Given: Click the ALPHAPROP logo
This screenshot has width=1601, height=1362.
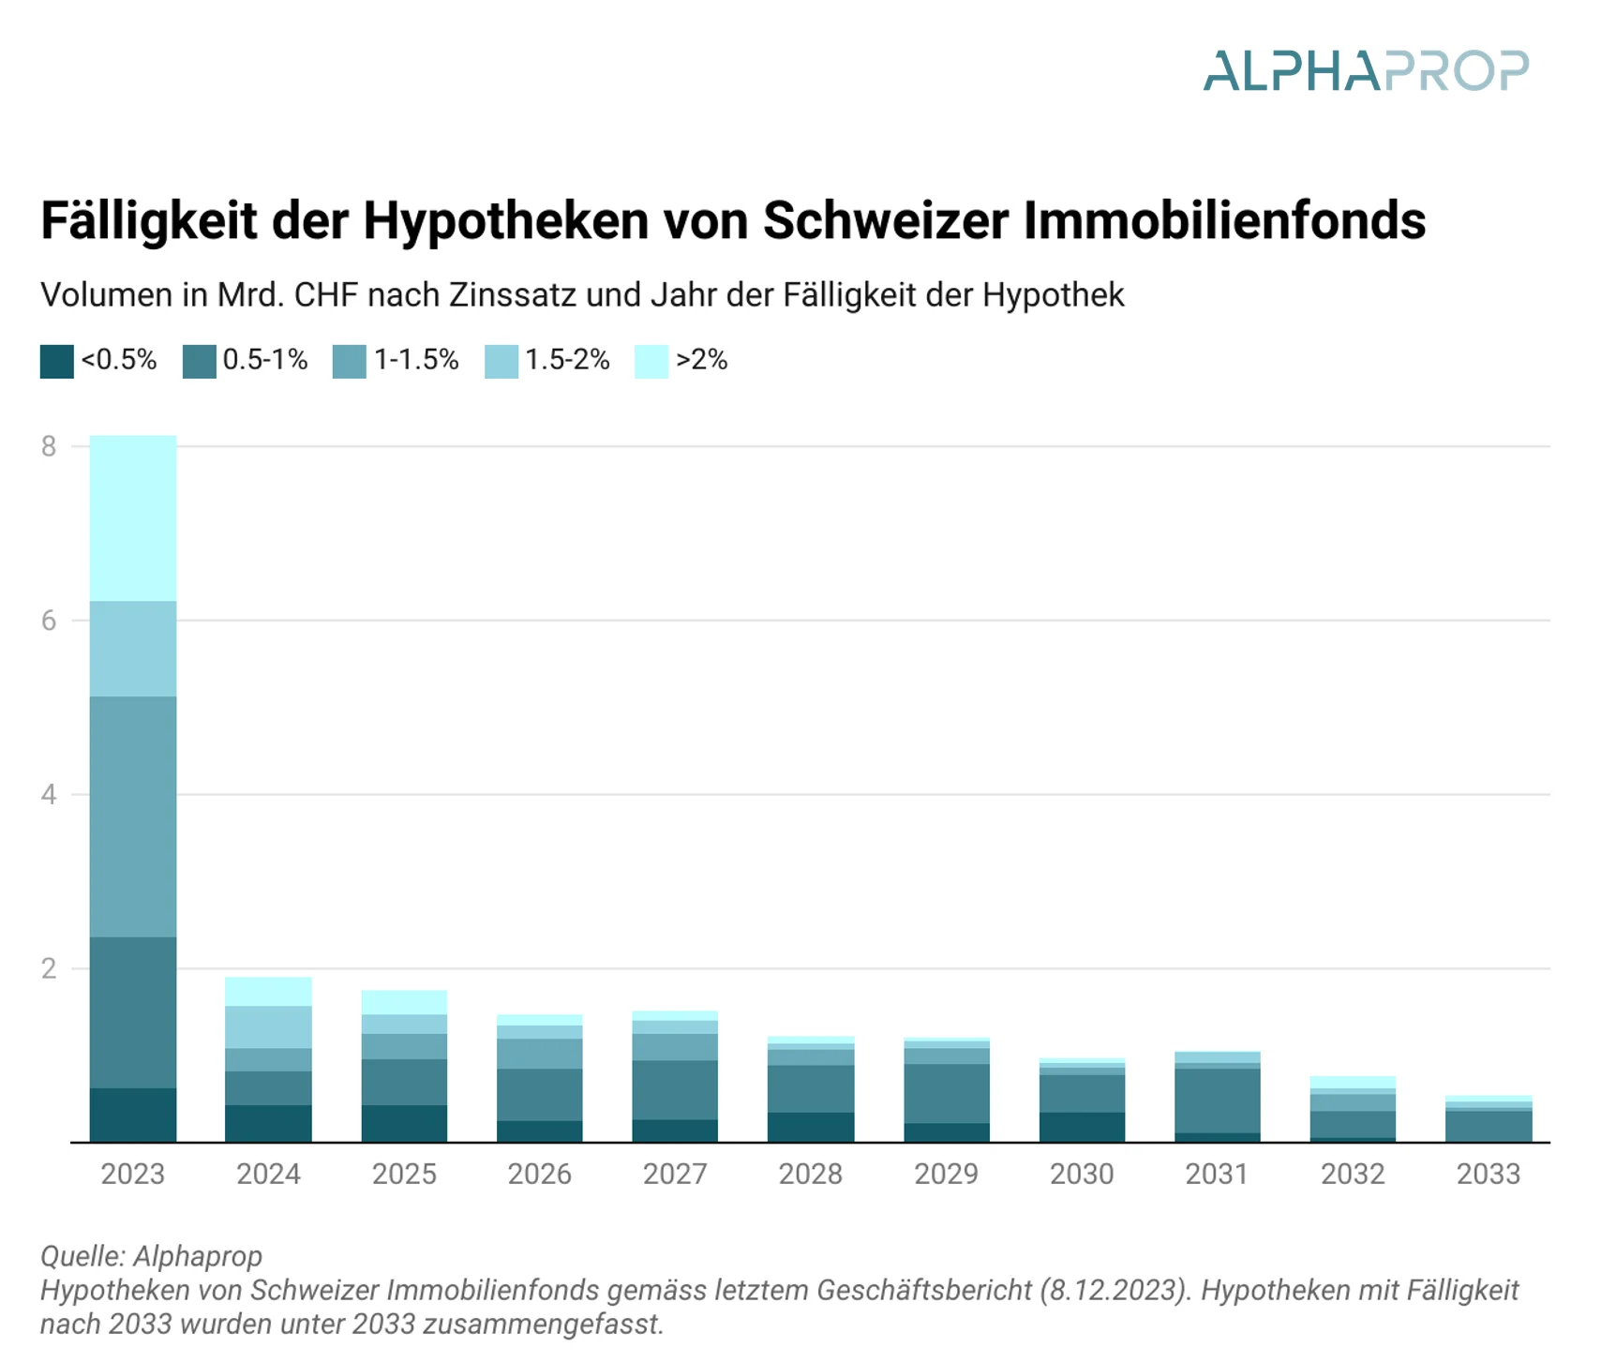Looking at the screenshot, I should (x=1366, y=71).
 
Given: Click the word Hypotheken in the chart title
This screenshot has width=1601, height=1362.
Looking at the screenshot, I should (x=506, y=221).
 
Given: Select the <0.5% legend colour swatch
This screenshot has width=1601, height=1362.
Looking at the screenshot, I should (x=56, y=361).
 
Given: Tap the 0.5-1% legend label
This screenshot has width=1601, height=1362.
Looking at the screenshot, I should (x=265, y=360).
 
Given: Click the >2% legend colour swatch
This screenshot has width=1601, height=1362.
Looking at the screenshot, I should (x=651, y=361).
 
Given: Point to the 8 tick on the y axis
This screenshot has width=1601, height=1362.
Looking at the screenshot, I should (x=49, y=446).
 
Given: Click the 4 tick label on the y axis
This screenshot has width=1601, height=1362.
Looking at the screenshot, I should (x=49, y=795).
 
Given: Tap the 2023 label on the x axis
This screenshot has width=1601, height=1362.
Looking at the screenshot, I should (x=133, y=1174).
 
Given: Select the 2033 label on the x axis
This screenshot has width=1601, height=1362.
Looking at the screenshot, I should (x=1489, y=1174).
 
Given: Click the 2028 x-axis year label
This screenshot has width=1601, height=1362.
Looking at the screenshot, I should (x=811, y=1174).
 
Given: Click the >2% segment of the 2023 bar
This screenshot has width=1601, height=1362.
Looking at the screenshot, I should (x=133, y=517).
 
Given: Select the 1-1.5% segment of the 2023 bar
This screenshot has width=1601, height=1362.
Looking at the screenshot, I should (x=133, y=816).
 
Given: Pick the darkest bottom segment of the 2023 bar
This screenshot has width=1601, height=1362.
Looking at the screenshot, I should (x=133, y=1115).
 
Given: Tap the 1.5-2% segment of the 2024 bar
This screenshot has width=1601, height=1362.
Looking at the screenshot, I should (x=268, y=1026).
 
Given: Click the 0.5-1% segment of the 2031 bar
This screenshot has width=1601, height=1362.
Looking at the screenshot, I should (x=1217, y=1100).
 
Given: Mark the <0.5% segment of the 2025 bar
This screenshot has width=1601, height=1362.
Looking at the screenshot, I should (x=404, y=1123).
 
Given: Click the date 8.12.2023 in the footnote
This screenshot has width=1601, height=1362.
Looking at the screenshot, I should (x=1110, y=1291).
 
